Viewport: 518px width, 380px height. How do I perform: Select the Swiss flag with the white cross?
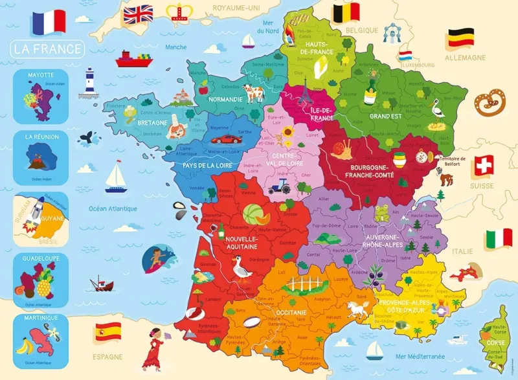click(x=484, y=166)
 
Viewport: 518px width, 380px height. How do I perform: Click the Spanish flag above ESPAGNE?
click(x=107, y=333)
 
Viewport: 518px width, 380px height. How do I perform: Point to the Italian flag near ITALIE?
click(x=499, y=239)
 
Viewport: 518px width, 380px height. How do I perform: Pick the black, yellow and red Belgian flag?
click(x=346, y=12)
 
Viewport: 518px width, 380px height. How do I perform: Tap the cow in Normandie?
click(x=251, y=93)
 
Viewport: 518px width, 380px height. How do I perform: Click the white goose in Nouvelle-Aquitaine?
click(x=242, y=266)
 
